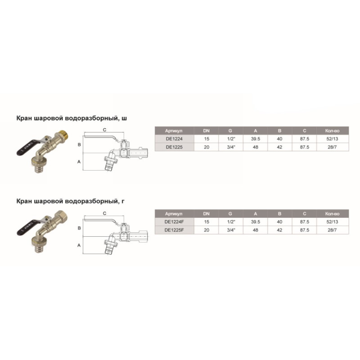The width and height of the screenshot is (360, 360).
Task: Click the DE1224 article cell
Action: pos(174,139)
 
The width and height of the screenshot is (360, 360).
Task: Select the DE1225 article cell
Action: pos(174,147)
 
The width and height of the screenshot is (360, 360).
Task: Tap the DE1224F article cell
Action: pos(174,222)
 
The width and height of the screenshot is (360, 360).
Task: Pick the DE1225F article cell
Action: pos(174,230)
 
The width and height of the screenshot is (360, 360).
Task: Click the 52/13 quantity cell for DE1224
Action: pos(332,139)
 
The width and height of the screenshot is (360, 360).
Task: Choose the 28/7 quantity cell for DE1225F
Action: pos(332,230)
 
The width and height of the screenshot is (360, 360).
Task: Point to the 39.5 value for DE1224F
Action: pos(255,222)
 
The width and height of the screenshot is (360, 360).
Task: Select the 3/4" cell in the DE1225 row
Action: pos(231,147)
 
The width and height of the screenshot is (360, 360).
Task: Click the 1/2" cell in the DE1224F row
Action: pos(231,222)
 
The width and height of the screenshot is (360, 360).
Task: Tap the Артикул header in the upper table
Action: pos(174,131)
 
